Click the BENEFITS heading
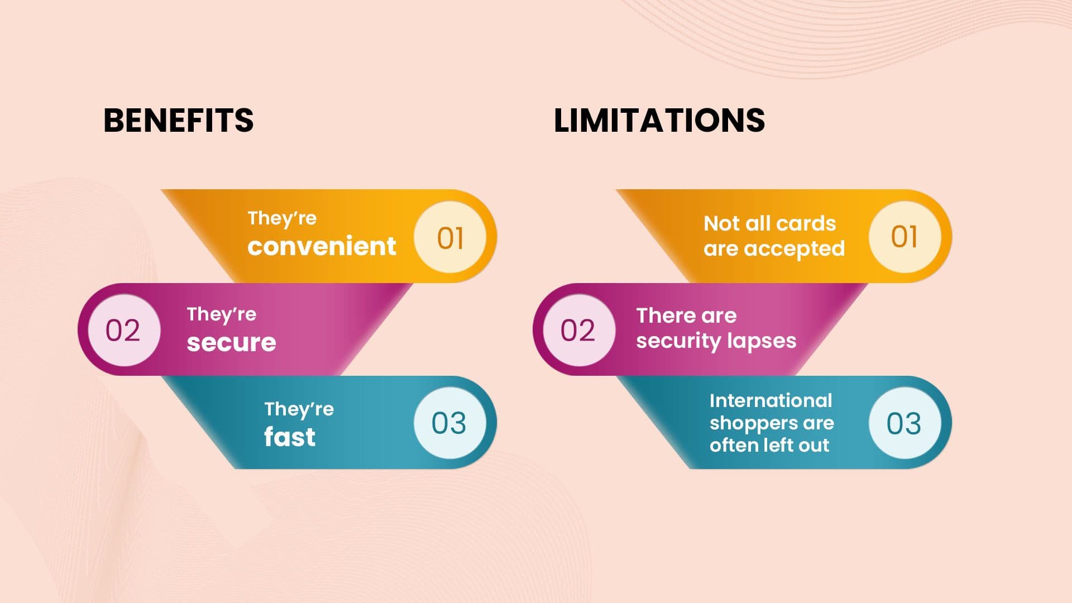click(x=179, y=120)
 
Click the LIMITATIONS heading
click(x=659, y=120)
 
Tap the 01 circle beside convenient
click(x=450, y=237)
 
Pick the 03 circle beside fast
click(x=450, y=423)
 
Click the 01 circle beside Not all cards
click(x=905, y=237)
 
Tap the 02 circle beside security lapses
click(x=579, y=330)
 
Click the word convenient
click(x=322, y=246)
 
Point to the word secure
click(x=231, y=342)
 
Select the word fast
click(x=290, y=436)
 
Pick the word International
click(x=770, y=400)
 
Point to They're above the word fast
click(x=299, y=409)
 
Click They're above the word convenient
click(x=282, y=218)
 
